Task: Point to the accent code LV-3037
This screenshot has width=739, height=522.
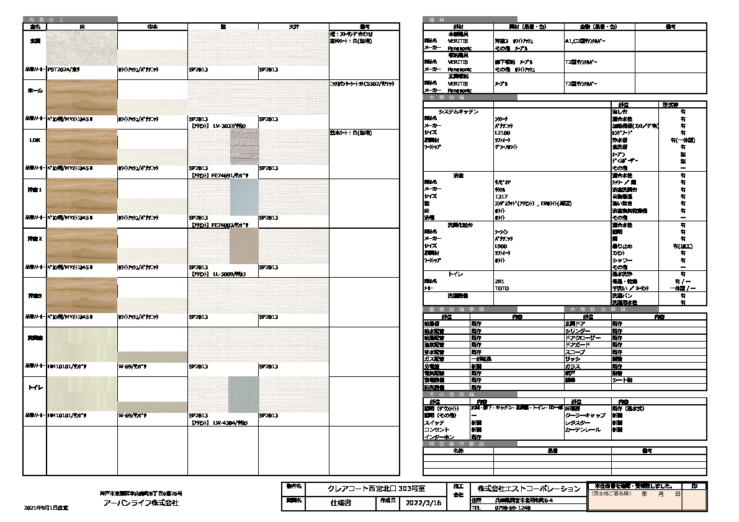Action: tap(223, 126)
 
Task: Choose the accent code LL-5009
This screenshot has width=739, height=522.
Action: tap(223, 274)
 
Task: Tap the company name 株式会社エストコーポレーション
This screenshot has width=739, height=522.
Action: tap(525, 489)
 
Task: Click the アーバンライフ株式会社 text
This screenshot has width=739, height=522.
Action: tap(141, 503)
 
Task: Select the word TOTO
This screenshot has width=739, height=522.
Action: tap(502, 288)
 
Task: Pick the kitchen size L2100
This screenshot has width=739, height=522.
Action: tap(502, 133)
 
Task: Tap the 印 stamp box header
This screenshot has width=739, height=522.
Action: tap(694, 485)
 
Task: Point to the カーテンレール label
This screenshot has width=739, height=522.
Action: tap(583, 430)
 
